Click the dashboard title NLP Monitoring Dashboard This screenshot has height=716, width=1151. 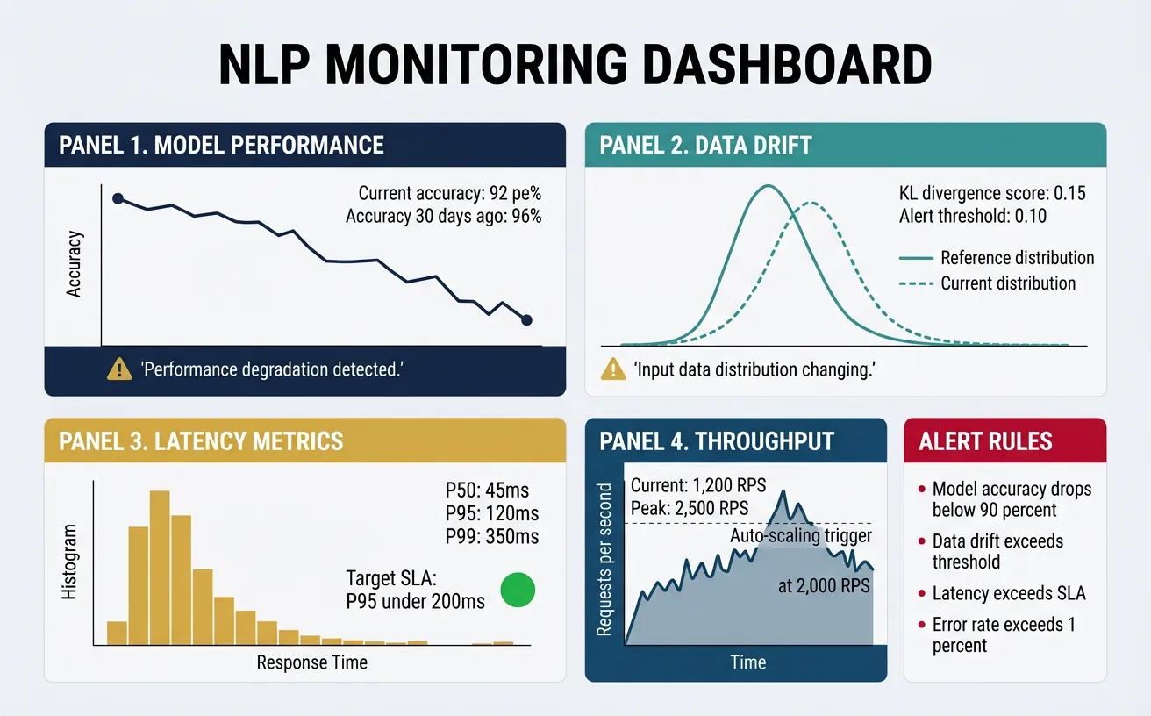[x=575, y=66]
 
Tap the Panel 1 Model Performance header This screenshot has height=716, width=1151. [x=221, y=145]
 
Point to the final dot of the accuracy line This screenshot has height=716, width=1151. [x=526, y=320]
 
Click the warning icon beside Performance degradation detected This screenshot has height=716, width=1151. [x=118, y=370]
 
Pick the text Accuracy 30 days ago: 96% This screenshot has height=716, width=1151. [x=443, y=216]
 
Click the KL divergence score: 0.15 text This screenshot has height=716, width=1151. [x=991, y=193]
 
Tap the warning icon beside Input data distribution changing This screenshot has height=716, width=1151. [x=613, y=370]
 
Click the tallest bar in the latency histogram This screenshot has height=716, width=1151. [x=160, y=568]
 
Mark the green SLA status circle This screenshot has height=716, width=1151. [x=518, y=589]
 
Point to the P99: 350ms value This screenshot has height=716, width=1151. [x=492, y=536]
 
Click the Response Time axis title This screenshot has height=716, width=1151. [x=311, y=662]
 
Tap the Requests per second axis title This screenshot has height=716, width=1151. [x=604, y=558]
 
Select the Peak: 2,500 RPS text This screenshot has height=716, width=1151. [x=690, y=508]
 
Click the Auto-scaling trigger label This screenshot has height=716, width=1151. [x=801, y=536]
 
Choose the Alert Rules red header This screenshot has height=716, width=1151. [x=1004, y=440]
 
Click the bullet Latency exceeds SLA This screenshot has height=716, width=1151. [x=1008, y=593]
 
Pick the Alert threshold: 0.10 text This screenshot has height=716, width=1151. [x=973, y=216]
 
